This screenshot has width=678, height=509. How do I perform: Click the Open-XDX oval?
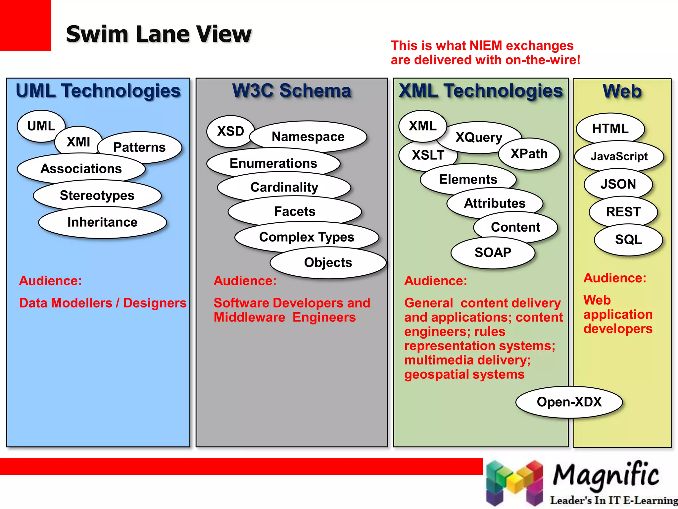[x=569, y=402]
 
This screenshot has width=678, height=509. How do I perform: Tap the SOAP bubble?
[x=493, y=253]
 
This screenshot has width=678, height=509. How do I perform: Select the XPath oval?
[x=529, y=154]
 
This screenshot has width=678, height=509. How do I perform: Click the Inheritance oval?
[x=102, y=222]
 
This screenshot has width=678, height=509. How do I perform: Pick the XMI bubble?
[x=78, y=142]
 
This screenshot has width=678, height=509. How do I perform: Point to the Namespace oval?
[x=308, y=137]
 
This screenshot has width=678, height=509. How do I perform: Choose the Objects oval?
[x=328, y=262]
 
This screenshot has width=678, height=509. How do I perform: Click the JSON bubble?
[x=618, y=184]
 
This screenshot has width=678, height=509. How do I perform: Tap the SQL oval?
[x=628, y=240]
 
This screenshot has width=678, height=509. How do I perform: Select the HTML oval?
[x=610, y=129]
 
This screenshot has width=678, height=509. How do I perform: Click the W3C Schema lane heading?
[x=292, y=91]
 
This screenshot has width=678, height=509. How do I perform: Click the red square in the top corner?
[x=25, y=25]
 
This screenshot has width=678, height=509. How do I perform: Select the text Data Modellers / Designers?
[x=103, y=303]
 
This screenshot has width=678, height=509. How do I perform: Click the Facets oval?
[x=295, y=211]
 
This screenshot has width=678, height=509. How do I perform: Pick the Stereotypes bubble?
[x=97, y=196]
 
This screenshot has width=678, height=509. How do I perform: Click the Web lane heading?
[x=622, y=91]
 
